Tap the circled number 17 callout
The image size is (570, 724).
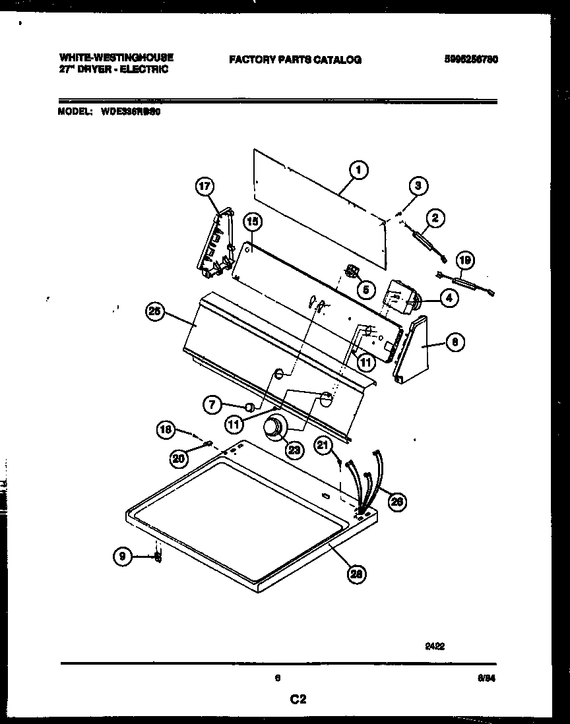point(205,187)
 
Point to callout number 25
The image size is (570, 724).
point(155,314)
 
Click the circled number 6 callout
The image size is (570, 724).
point(456,342)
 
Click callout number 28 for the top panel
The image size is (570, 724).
point(357,574)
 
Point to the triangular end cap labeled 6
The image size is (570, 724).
point(414,349)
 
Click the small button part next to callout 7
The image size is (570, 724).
point(249,406)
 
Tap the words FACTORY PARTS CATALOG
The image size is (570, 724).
point(295,59)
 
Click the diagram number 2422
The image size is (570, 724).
point(435,647)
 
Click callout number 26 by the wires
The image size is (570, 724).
point(396,502)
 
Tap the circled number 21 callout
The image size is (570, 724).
point(322,446)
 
